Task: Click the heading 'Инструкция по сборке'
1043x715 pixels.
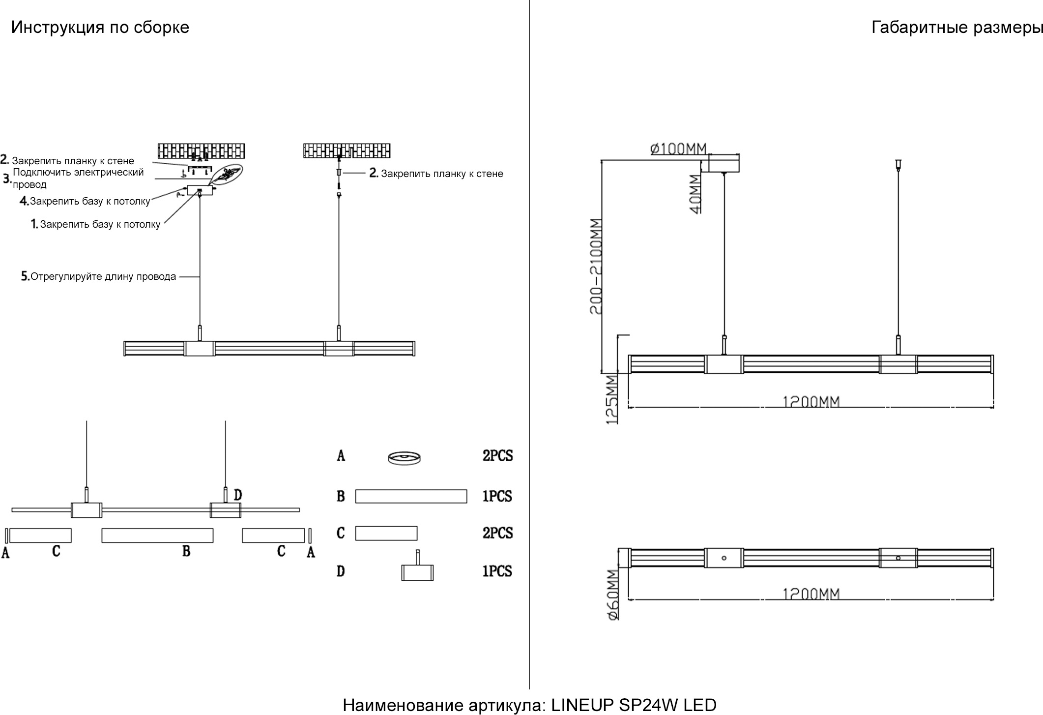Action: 100,28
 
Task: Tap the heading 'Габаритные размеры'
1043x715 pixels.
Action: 956,28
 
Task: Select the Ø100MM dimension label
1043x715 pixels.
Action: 678,148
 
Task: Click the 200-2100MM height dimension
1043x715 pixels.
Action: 596,266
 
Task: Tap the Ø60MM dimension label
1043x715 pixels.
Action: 613,595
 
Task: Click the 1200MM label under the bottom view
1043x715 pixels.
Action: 811,594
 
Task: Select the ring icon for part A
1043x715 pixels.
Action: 405,458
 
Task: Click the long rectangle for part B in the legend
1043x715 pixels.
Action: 411,496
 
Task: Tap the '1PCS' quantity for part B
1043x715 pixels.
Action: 497,496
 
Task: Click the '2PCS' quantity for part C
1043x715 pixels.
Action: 497,533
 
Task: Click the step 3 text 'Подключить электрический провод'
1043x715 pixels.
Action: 78,178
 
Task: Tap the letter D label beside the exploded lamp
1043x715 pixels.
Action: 238,495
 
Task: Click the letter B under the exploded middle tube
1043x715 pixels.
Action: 186,551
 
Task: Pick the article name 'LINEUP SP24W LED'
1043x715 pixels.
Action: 634,705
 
